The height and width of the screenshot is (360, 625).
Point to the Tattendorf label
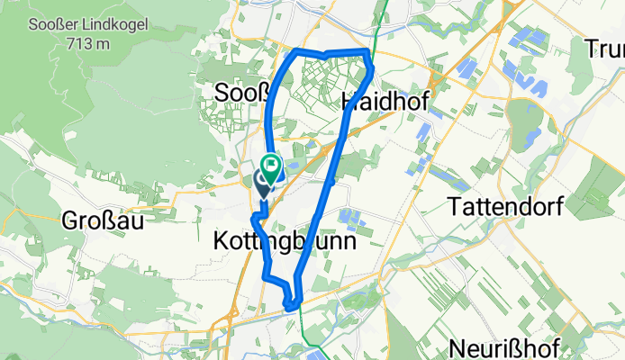tap(505, 207)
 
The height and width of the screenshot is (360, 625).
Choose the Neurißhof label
tap(504, 348)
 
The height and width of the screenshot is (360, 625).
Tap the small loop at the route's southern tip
tap(291, 303)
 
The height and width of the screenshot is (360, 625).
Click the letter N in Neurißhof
tap(456, 348)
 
